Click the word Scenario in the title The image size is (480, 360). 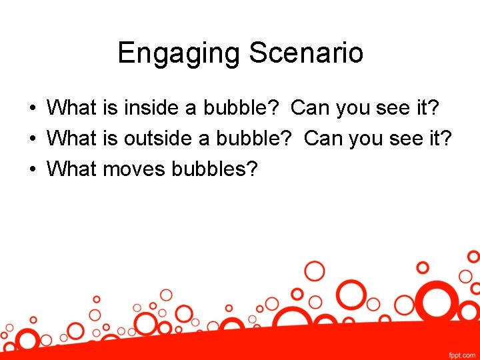click(x=306, y=53)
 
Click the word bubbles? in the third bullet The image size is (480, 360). click(x=214, y=169)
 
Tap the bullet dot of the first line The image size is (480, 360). click(x=32, y=108)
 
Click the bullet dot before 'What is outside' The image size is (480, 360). click(x=32, y=139)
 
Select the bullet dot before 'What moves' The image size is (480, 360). click(x=32, y=170)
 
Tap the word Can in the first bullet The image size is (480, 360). click(x=311, y=107)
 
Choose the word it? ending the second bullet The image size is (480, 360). click(x=440, y=139)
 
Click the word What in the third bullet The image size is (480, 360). click(x=73, y=169)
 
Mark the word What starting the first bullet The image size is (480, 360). click(x=73, y=107)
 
